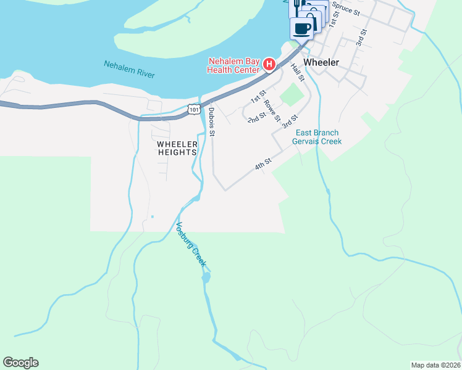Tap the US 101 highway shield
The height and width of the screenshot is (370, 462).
[194, 109]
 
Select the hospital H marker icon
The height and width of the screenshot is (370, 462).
[269, 64]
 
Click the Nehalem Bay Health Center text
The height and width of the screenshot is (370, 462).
[233, 65]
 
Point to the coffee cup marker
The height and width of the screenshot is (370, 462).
[302, 28]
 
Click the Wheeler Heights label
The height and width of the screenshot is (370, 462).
[177, 148]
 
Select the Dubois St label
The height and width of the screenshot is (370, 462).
[212, 121]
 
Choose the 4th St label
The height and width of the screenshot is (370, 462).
[263, 165]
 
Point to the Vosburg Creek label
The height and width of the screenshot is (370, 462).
[191, 244]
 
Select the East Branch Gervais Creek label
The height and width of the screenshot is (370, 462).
[318, 137]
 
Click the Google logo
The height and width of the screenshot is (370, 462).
[20, 363]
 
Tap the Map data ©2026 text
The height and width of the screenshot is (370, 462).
[435, 365]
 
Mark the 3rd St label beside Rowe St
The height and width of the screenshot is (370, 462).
[290, 120]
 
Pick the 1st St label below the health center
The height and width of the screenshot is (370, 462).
[258, 97]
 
